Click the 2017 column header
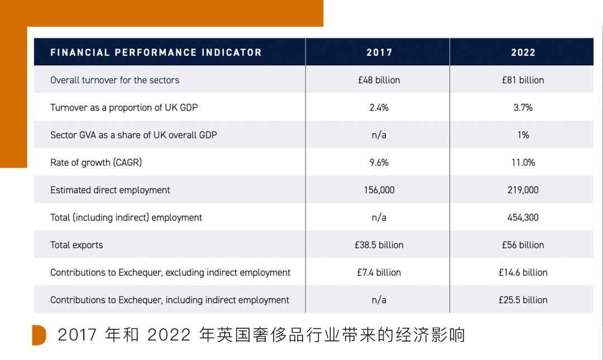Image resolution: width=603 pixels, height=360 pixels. click(379, 52)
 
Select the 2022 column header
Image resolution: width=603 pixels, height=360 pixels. click(523, 52)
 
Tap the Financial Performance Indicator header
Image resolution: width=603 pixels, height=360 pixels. click(156, 52)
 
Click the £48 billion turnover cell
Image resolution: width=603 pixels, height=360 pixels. click(379, 80)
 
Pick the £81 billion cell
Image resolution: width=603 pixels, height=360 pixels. click(523, 80)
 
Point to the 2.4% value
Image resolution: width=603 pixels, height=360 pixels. click(379, 107)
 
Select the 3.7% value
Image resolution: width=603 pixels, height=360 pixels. click(523, 107)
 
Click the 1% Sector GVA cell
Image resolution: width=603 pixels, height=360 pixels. click(523, 135)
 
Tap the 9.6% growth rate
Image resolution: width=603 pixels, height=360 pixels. click(379, 162)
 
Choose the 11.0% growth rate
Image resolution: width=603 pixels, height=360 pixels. click(523, 162)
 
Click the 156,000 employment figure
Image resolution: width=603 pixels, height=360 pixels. click(379, 190)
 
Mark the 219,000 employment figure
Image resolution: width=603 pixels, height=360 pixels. click(523, 190)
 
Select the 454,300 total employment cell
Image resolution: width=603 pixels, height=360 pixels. click(523, 217)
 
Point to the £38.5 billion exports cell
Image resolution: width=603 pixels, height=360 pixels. click(379, 245)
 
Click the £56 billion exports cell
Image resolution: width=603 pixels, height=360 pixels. click(523, 245)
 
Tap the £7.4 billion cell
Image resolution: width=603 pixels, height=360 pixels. click(379, 272)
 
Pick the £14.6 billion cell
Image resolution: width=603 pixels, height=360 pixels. click(523, 272)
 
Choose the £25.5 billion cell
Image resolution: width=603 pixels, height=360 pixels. click(523, 300)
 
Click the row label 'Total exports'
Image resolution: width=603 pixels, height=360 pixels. click(76, 245)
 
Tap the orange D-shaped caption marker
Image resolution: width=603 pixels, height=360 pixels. click(39, 335)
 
